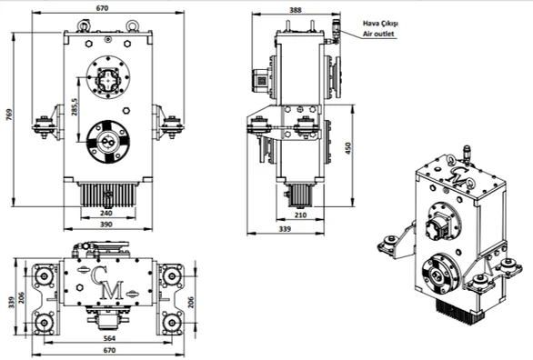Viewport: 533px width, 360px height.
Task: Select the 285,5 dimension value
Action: coord(75,107)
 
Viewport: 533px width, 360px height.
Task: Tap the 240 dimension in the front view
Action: coord(106,214)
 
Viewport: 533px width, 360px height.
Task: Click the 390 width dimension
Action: coord(106,225)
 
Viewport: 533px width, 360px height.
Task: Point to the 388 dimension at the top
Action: coord(295,10)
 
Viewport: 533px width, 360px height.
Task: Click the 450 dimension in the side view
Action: coord(348,148)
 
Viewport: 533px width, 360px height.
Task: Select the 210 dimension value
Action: coord(300,215)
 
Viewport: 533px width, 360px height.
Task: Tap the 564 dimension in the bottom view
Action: coord(109,338)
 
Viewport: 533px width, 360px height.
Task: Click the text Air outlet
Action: coord(378,34)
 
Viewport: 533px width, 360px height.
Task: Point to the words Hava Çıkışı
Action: coord(380,24)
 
